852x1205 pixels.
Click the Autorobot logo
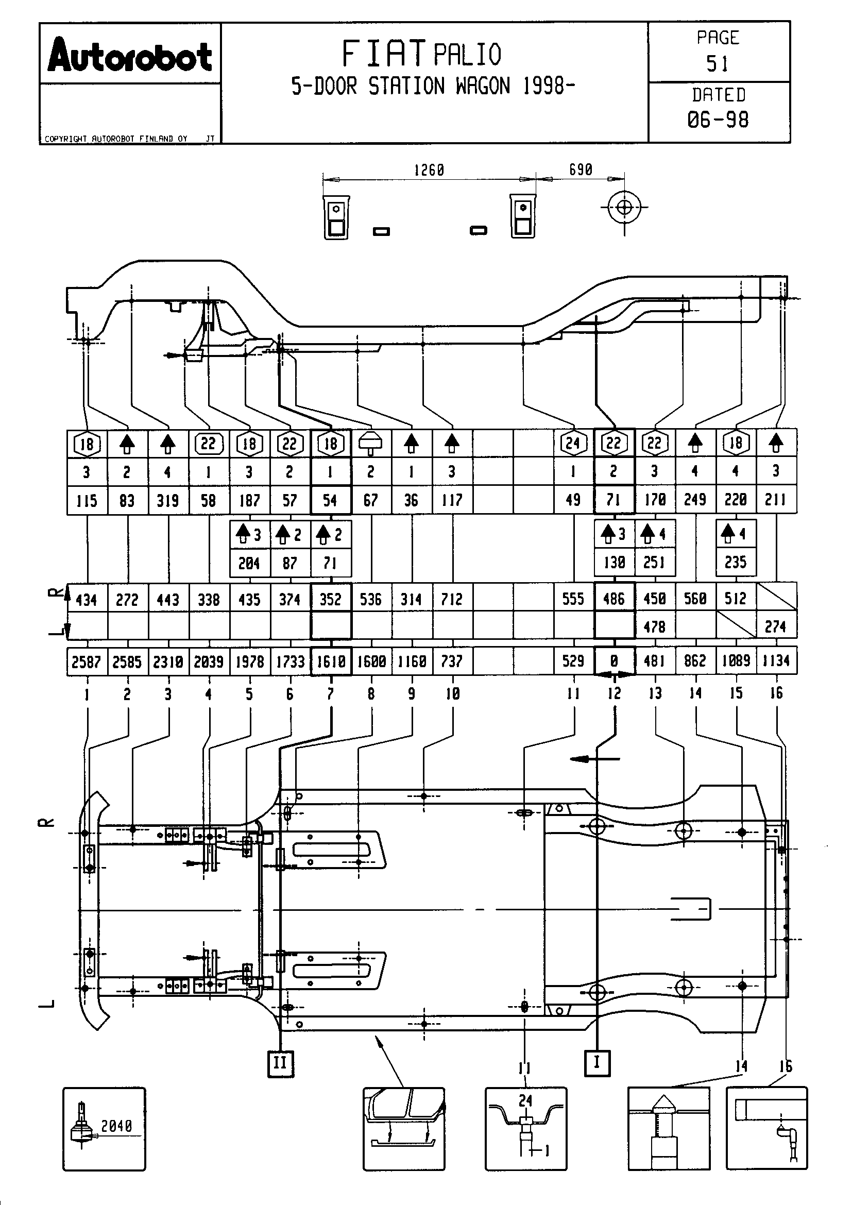tap(130, 56)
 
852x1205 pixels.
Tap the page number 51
tap(717, 63)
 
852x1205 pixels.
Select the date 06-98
tap(718, 120)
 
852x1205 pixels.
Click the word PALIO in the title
tap(467, 55)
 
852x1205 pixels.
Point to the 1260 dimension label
tap(429, 171)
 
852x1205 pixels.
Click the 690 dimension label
tap(580, 170)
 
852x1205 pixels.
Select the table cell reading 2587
tap(87, 662)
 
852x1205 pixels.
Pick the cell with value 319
tap(168, 500)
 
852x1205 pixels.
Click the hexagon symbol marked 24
tap(572, 444)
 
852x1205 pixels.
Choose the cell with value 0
tap(614, 661)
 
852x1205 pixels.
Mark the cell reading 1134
tap(776, 661)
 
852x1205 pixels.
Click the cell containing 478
tap(654, 626)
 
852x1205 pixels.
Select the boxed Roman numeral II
tap(280, 1063)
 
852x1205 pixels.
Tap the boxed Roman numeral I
tap(597, 1062)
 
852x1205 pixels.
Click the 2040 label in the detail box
tap(116, 1126)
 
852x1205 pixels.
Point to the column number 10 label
tap(452, 694)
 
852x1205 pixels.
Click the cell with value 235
tap(735, 562)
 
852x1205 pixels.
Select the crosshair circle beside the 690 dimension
tap(624, 208)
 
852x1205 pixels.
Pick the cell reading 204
tap(249, 563)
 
